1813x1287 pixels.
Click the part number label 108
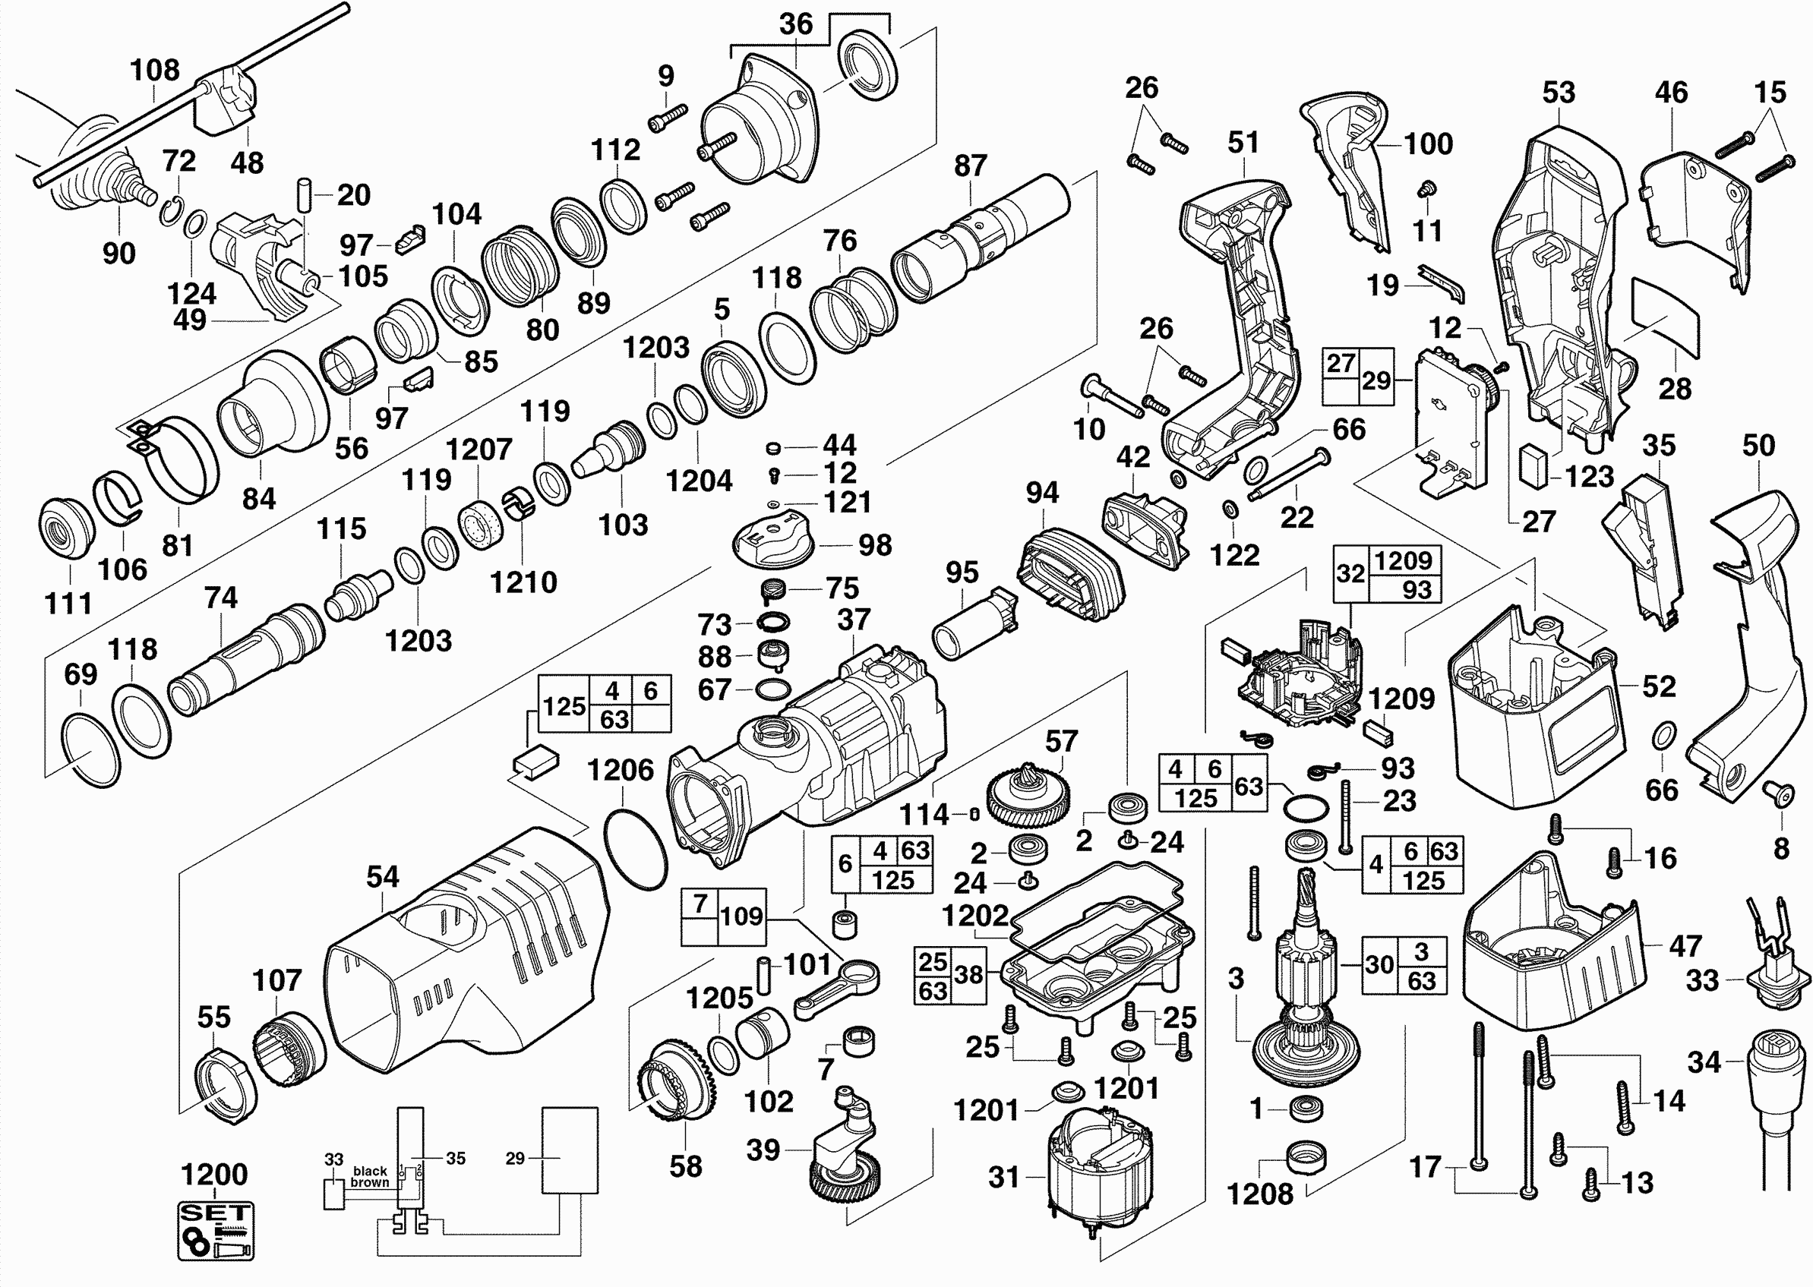[x=155, y=71]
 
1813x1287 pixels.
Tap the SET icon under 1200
[x=216, y=1231]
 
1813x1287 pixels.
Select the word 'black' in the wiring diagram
[x=370, y=1171]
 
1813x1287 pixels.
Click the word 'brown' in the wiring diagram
[x=370, y=1182]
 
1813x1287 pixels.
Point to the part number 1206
[x=620, y=769]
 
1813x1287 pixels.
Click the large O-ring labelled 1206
[x=635, y=849]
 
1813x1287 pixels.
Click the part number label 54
[x=382, y=876]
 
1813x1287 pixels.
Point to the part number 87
[x=971, y=166]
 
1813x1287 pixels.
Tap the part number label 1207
[x=479, y=450]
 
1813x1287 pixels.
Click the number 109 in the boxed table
[x=741, y=916]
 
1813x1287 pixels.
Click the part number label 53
[x=1558, y=93]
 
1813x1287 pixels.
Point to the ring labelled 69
[x=90, y=749]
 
